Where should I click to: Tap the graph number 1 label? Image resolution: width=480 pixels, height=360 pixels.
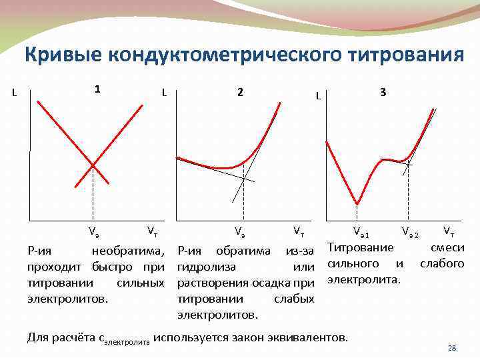coord(97,89)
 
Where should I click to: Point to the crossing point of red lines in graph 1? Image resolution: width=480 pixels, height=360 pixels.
coord(93,164)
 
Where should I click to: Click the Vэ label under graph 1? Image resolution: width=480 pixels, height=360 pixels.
coord(94,232)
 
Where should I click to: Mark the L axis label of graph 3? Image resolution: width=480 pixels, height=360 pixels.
coord(319,97)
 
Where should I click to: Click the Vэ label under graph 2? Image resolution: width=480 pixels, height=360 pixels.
coord(239,232)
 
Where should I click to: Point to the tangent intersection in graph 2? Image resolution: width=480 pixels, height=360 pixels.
coord(245,178)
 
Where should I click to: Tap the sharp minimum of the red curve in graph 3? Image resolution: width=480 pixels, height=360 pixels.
coord(358,203)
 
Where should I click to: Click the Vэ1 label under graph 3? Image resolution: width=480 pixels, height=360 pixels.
coord(361,233)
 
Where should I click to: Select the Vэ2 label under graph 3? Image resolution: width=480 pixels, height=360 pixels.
coord(410,233)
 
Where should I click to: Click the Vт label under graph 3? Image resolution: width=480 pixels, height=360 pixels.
coord(449,231)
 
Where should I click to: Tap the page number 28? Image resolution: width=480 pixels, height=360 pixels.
coord(451,348)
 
